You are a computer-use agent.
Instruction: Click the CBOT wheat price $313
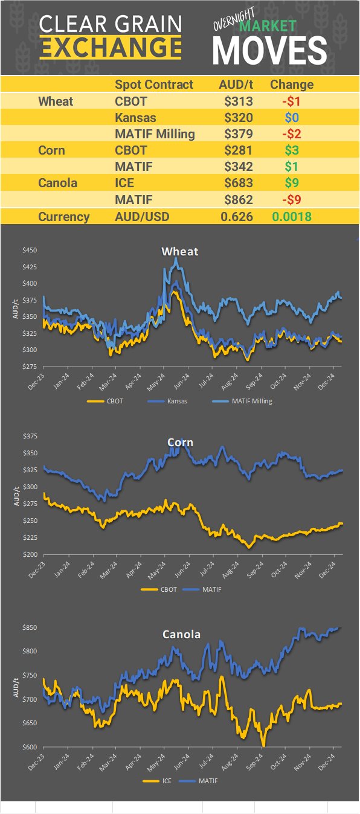[236, 101]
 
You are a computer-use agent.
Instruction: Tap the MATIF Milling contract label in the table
[155, 133]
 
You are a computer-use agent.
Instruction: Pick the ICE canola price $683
[236, 182]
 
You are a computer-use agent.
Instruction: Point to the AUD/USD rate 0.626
[236, 217]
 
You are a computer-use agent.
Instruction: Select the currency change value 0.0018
[292, 217]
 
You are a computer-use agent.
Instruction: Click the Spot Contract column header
[154, 85]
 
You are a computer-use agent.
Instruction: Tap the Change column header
[292, 85]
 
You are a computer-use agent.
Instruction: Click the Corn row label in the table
[51, 150]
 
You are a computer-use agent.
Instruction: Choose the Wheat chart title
[179, 251]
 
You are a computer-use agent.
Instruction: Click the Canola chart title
[181, 634]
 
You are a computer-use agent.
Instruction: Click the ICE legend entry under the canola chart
[167, 781]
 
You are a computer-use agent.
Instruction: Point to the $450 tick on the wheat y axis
[30, 250]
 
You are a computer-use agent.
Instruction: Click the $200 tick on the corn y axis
[30, 554]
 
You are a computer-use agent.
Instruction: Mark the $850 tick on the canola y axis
[30, 628]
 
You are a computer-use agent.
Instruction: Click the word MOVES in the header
[269, 50]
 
